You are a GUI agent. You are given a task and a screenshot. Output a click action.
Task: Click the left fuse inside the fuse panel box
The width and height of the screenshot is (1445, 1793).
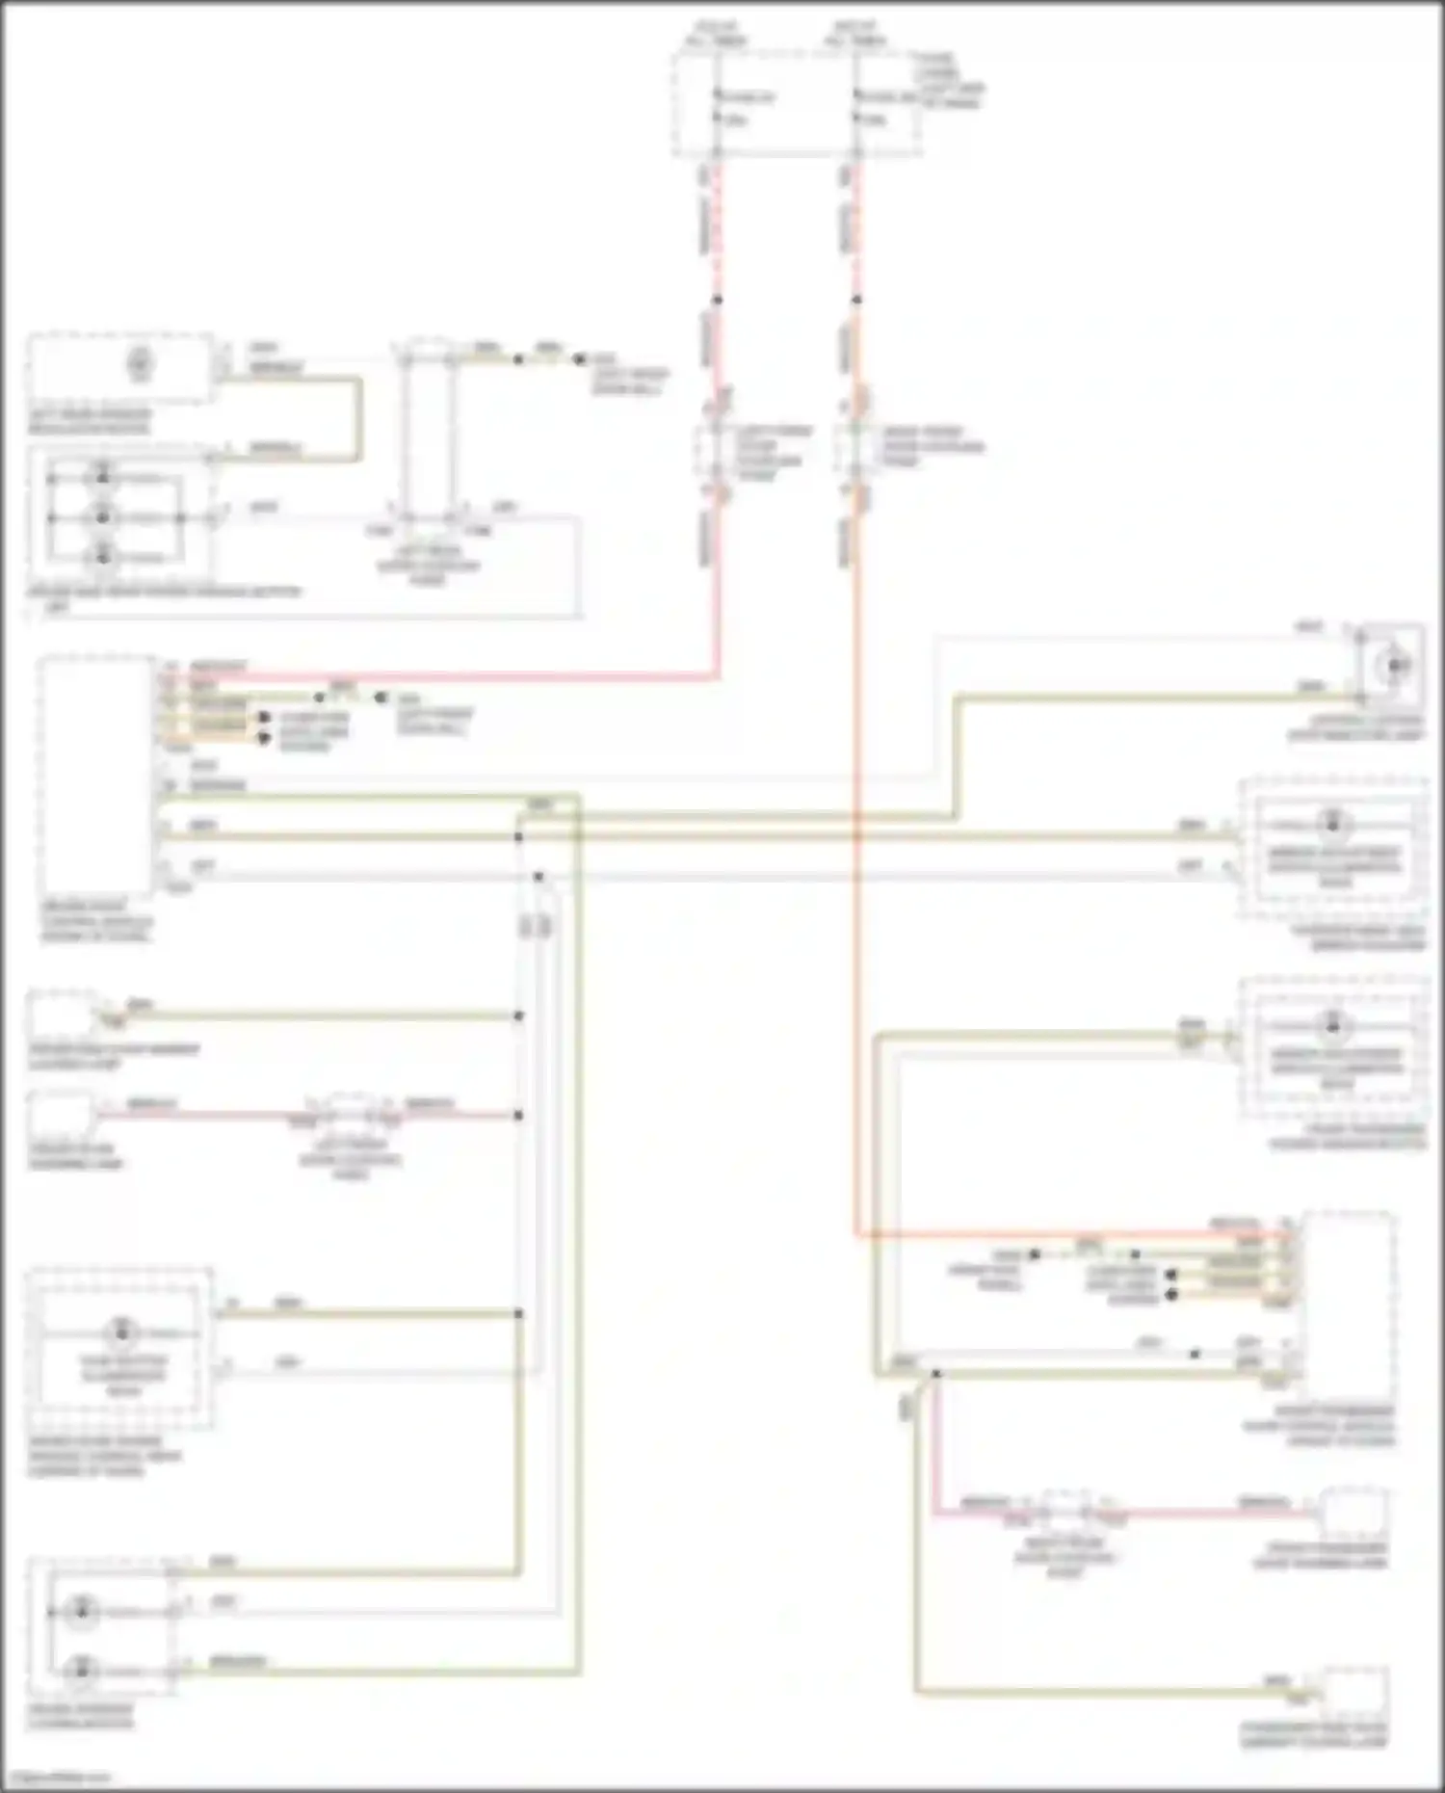coord(717,106)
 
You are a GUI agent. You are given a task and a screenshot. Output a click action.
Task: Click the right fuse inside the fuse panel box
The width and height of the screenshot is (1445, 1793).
coord(856,106)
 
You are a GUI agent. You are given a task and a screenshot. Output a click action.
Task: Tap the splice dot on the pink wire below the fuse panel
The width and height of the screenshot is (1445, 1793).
coord(717,300)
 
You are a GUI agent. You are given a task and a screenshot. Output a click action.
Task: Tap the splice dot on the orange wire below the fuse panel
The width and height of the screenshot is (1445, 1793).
coord(856,300)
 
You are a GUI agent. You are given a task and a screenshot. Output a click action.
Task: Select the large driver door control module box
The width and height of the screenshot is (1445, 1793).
coord(96,776)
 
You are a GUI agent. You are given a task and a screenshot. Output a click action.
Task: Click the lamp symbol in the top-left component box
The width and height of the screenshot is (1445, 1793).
coord(141,364)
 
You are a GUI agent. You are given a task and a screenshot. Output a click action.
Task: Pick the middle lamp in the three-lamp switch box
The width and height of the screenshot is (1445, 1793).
coord(102,517)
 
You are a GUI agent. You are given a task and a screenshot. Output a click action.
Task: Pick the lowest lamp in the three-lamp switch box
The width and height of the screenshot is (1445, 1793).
coord(102,555)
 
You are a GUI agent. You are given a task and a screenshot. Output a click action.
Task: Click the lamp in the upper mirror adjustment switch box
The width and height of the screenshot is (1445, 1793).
coord(1333,824)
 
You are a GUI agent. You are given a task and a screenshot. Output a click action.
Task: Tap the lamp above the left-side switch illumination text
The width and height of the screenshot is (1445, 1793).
coord(121,1332)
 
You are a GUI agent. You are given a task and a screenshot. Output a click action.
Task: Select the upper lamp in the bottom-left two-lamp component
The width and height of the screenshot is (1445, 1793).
coord(82,1610)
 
